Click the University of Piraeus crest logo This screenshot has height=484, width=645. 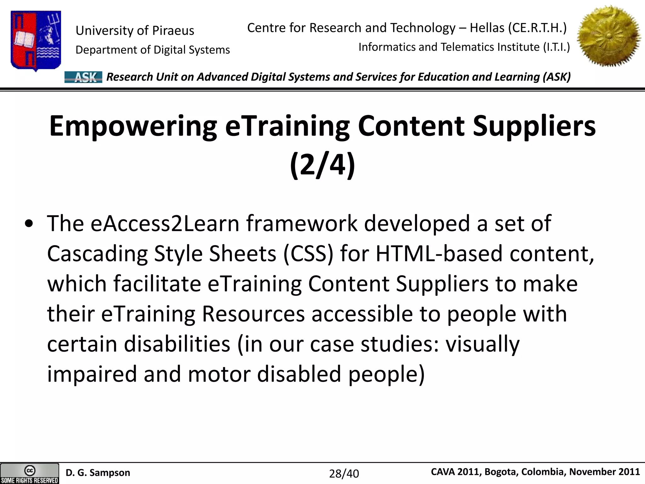click(36, 40)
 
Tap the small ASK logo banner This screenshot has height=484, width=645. click(83, 77)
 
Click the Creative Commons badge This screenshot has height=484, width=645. click(30, 473)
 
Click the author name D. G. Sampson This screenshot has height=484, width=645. click(98, 473)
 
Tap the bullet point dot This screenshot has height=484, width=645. click(29, 224)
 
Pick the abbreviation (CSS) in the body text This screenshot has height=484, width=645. click(308, 254)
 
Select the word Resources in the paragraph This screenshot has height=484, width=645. click(253, 314)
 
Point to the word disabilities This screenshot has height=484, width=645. click(177, 344)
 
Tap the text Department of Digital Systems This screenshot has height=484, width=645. click(153, 50)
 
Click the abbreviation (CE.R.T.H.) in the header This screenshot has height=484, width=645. click(537, 28)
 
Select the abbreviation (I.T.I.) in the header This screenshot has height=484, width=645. click(557, 47)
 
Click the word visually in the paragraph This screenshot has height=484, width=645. click(482, 344)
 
